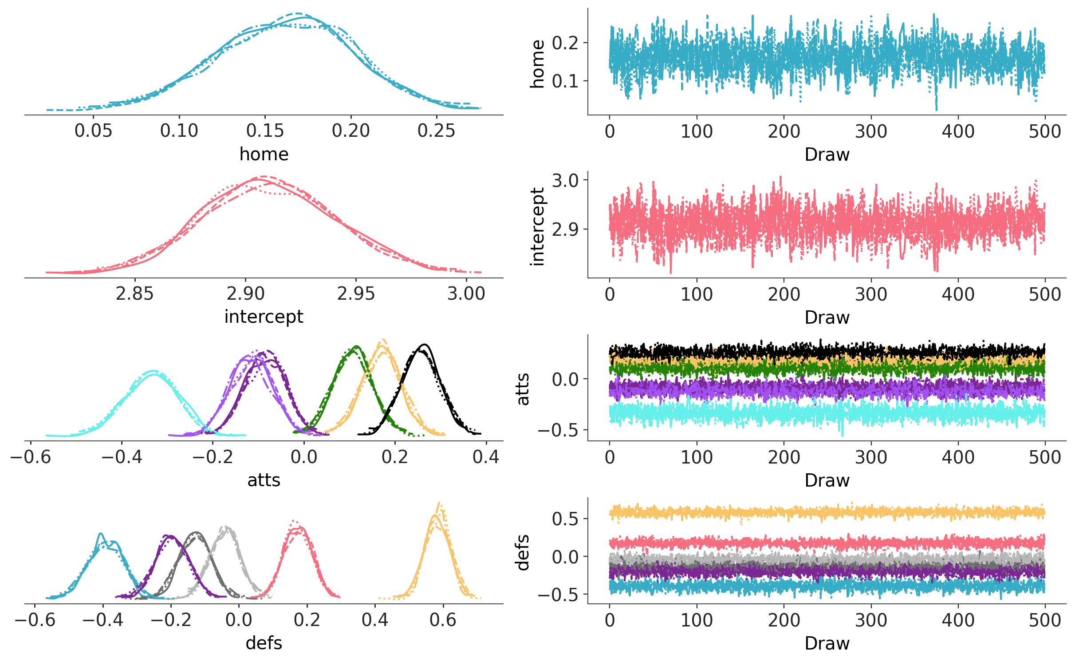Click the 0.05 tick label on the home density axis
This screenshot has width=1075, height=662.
tap(93, 131)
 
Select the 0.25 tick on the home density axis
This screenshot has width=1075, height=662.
tap(436, 131)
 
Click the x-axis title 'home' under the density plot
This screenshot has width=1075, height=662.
tap(264, 155)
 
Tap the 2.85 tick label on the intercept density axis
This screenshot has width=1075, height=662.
tap(134, 294)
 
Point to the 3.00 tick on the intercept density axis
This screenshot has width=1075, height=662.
tap(466, 294)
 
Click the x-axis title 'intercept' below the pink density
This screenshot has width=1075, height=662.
tap(264, 317)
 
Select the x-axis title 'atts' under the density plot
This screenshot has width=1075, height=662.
tap(264, 480)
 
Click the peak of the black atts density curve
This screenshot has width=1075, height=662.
tap(425, 345)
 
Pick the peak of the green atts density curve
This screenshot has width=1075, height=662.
tap(356, 346)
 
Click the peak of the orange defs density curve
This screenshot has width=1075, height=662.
tap(439, 503)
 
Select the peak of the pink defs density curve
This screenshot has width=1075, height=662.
tap(293, 520)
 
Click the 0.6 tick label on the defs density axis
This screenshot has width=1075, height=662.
tap(443, 620)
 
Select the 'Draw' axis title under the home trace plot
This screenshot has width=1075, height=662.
tap(827, 155)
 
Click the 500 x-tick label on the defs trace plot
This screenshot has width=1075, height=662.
tap(1044, 620)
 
